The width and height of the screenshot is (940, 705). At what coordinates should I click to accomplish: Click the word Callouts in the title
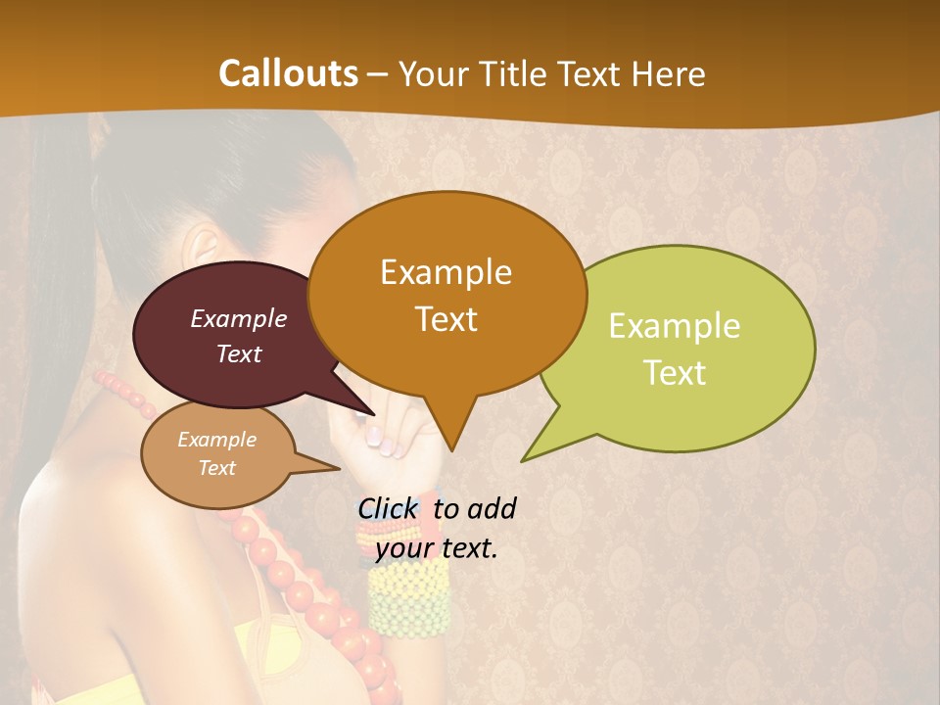coord(288,73)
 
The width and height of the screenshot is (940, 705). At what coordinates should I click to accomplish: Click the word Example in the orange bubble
coord(446,272)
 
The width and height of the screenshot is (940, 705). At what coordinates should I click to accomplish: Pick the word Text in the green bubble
coord(675,373)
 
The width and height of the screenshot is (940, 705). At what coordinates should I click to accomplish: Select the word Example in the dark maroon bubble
coord(238,319)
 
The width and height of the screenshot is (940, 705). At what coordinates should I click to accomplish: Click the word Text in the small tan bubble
coord(216,468)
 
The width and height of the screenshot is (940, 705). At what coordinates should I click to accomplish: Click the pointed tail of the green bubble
coord(525,458)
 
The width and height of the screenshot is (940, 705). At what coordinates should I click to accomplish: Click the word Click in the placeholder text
coord(387,508)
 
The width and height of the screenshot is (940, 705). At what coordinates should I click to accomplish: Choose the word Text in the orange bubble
coord(446,319)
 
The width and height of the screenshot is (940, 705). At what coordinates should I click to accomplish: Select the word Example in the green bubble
coord(675,326)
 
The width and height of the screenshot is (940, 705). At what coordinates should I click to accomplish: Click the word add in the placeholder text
coord(492,508)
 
